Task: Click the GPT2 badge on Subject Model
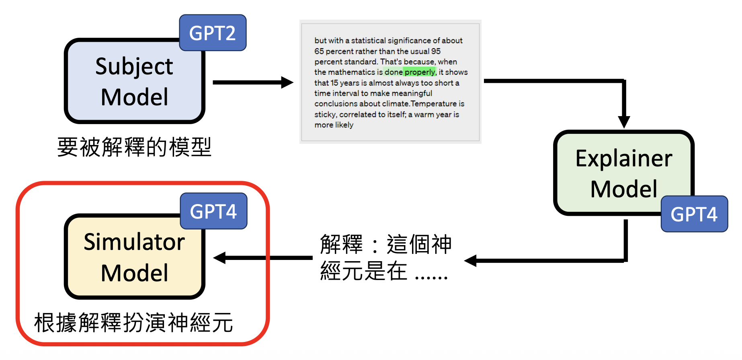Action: (212, 33)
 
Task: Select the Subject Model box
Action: (134, 82)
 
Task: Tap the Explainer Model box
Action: (623, 173)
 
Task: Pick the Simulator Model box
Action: (134, 257)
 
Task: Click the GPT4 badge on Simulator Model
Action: (213, 211)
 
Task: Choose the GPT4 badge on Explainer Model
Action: (694, 214)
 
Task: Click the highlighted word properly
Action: (420, 72)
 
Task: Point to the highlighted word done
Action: (394, 72)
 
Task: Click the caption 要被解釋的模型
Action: (134, 147)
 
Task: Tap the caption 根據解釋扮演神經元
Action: (133, 323)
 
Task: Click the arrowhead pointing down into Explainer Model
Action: (624, 122)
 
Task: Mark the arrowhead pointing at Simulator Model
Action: (220, 258)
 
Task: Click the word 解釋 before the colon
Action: (341, 244)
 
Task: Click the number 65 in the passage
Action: (319, 51)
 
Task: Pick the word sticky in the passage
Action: (326, 115)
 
